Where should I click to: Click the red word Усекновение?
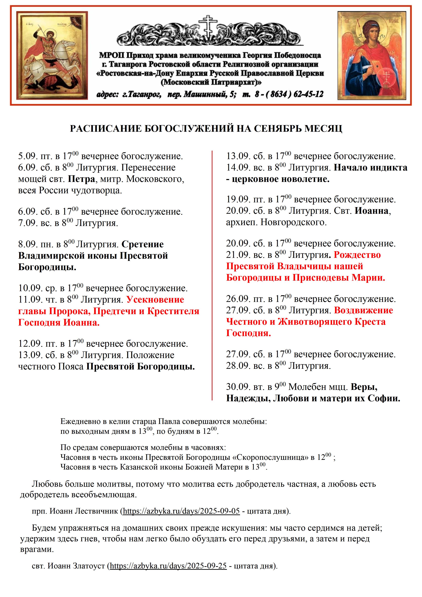(x=155, y=300)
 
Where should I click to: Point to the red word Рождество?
(x=357, y=255)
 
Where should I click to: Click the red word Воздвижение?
(x=363, y=310)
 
